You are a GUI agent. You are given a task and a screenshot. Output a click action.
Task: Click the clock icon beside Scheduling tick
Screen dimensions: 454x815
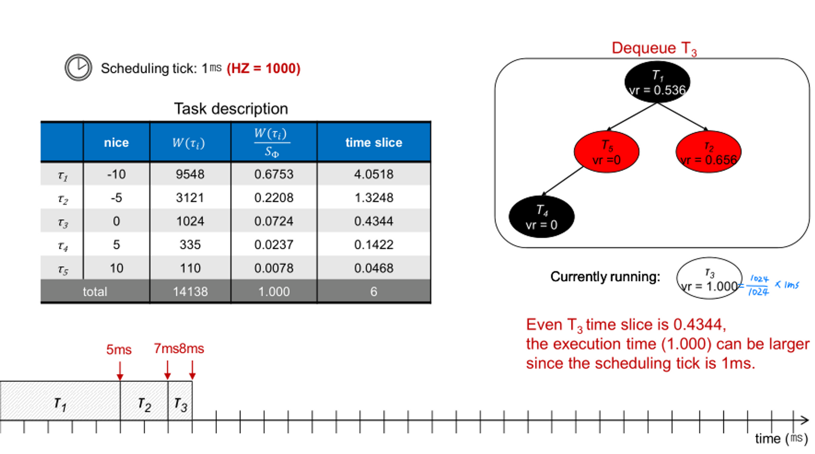[78, 68]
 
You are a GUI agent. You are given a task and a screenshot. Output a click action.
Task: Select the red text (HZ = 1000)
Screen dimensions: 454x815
[264, 68]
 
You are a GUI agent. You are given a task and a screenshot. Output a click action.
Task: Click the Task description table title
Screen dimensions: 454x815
[231, 109]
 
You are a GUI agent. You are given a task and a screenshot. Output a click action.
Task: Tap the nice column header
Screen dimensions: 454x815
[116, 142]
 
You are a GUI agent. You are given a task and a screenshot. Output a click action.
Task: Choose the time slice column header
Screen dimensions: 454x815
[373, 142]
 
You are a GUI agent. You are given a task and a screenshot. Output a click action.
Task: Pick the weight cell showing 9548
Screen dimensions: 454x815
[190, 174]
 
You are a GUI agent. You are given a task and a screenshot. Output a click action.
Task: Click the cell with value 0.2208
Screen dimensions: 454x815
[274, 198]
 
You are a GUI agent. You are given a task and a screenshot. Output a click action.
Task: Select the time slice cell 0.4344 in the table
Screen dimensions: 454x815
[373, 221]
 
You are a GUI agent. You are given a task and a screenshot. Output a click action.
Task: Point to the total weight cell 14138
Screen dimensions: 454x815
[190, 291]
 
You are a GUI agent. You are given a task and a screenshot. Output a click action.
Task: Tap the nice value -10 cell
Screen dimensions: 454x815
[116, 174]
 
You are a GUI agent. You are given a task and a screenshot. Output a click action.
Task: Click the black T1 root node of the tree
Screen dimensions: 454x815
[657, 83]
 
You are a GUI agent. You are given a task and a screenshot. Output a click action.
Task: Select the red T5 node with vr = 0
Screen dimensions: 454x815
[606, 152]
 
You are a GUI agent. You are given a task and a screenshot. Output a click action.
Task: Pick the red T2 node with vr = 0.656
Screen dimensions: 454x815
[708, 152]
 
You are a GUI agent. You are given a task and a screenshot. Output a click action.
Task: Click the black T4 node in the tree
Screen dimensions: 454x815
[541, 217]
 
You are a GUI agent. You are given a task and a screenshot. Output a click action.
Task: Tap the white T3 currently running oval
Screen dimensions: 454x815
[709, 279]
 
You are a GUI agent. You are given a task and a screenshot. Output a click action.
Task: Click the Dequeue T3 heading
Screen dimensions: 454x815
[654, 48]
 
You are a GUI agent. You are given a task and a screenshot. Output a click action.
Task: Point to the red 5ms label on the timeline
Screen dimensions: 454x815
[119, 350]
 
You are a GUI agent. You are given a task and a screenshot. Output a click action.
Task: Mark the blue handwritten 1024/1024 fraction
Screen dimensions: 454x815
[759, 286]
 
